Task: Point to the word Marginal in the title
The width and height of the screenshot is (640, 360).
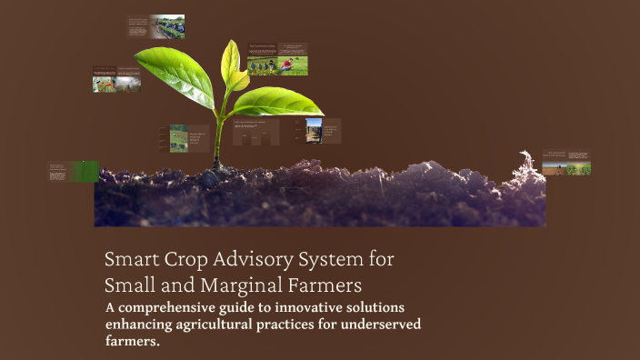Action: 229,284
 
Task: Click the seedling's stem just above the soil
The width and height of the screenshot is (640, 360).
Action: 217,150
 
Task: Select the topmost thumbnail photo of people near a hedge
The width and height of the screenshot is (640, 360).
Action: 170,27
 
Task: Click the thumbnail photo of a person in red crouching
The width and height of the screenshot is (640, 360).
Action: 292,65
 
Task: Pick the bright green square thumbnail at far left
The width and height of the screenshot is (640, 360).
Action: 87,171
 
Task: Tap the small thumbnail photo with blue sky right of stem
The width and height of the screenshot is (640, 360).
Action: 314,130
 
